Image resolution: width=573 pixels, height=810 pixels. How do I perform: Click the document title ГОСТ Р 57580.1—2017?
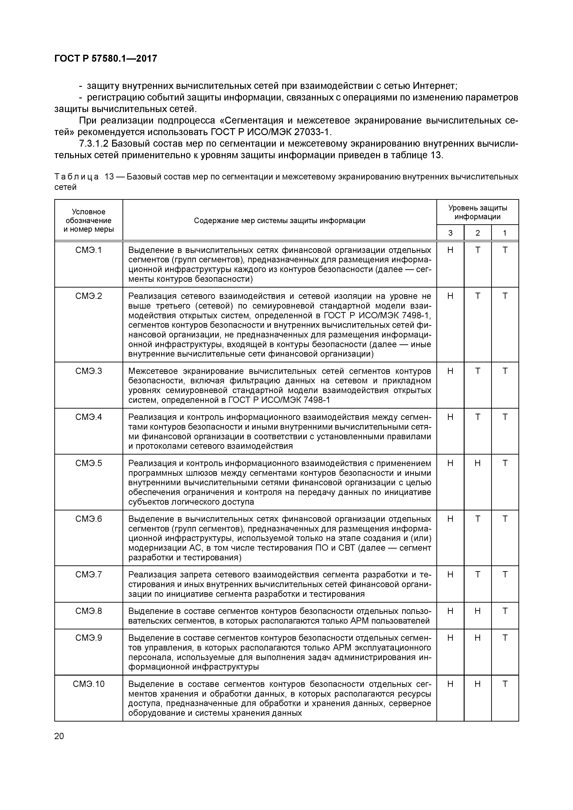pos(106,59)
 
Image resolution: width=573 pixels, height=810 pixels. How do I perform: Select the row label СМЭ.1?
pos(88,250)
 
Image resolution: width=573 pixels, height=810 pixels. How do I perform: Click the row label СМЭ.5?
pos(88,463)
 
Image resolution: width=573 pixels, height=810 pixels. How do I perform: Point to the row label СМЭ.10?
pos(88,684)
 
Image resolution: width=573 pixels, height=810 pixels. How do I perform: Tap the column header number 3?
pos(450,233)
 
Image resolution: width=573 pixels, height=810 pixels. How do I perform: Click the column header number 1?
pos(505,233)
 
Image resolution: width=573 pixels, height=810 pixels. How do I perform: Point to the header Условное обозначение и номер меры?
pos(88,221)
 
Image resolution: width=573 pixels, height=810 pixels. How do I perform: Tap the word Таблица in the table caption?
pos(77,176)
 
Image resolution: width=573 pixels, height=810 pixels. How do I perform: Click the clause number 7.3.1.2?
pos(94,144)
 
